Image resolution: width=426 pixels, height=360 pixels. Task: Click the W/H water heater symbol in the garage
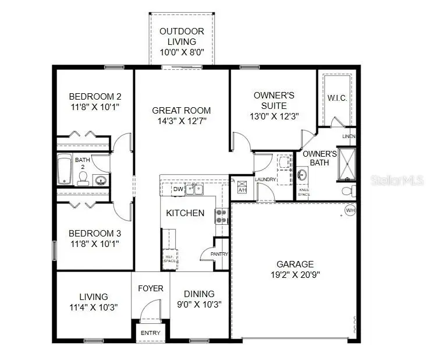click(x=350, y=210)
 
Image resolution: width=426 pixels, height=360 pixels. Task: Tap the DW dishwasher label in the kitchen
click(x=178, y=189)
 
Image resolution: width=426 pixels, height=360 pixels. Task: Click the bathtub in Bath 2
click(x=64, y=169)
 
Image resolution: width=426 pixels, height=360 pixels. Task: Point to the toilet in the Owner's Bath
click(x=347, y=191)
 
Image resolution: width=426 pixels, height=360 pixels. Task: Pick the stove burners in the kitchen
click(x=221, y=216)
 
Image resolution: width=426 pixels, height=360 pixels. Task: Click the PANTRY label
click(x=219, y=254)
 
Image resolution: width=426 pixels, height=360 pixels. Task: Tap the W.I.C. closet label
click(x=337, y=98)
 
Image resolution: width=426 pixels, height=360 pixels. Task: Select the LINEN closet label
click(x=348, y=136)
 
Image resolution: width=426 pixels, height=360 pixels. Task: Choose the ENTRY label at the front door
click(x=151, y=333)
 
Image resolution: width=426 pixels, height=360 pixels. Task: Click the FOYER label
click(x=150, y=288)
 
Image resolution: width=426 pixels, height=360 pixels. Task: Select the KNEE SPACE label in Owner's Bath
click(x=304, y=192)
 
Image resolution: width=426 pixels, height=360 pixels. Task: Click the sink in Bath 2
click(x=101, y=179)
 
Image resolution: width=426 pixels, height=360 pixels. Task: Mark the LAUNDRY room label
click(x=265, y=179)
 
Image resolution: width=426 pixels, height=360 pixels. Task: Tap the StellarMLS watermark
click(x=397, y=179)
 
